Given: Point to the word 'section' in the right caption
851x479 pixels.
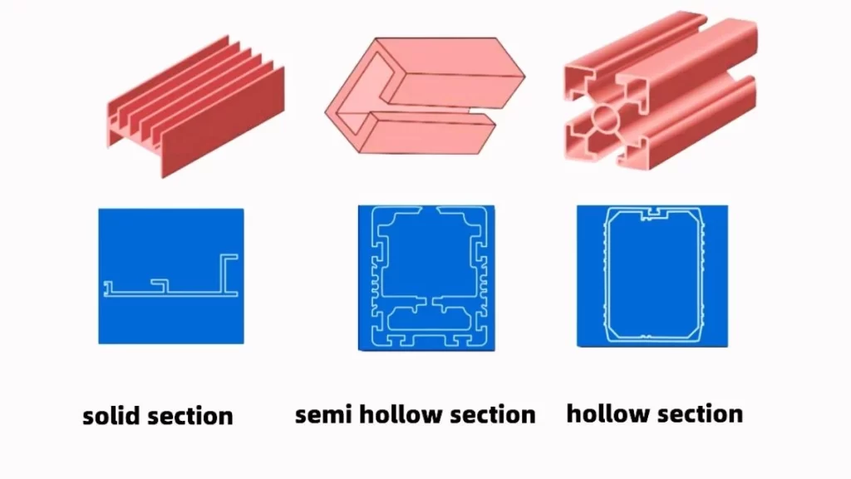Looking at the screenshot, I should (x=703, y=412).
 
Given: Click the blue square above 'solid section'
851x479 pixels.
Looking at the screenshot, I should (x=171, y=275).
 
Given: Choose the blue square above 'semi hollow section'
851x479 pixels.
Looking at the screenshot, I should (x=426, y=277).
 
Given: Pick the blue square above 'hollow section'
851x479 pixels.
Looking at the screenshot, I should (x=652, y=276).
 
